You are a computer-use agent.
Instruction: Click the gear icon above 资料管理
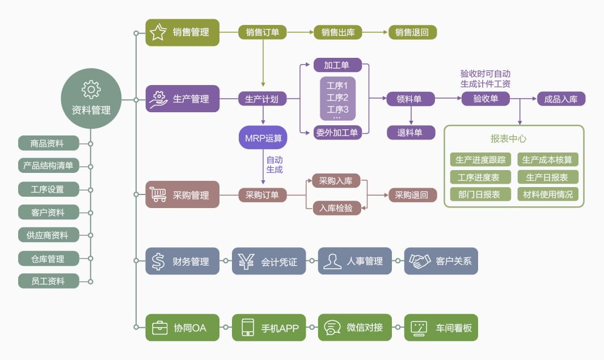[91, 89]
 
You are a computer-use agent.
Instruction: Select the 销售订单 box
[263, 32]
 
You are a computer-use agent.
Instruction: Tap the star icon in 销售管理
[158, 32]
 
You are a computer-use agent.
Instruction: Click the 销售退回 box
[412, 32]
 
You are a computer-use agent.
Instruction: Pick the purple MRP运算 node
[263, 138]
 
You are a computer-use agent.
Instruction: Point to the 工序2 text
[337, 98]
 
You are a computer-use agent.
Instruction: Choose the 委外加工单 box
[337, 133]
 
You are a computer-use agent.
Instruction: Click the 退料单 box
[411, 133]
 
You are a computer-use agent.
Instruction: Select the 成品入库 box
[561, 99]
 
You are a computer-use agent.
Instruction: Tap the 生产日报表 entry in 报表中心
[548, 177]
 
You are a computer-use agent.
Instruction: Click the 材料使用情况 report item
[548, 194]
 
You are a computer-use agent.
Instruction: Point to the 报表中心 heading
[509, 139]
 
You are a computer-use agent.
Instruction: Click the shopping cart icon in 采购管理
[158, 195]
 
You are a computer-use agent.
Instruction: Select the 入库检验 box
[336, 208]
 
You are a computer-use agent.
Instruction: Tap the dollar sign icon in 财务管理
[158, 261]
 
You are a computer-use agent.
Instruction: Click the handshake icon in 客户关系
[420, 261]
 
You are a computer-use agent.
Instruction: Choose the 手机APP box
[269, 328]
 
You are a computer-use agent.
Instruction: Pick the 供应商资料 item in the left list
[48, 235]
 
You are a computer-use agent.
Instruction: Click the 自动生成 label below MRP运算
[274, 164]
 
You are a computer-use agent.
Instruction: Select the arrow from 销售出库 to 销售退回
[375, 32]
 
